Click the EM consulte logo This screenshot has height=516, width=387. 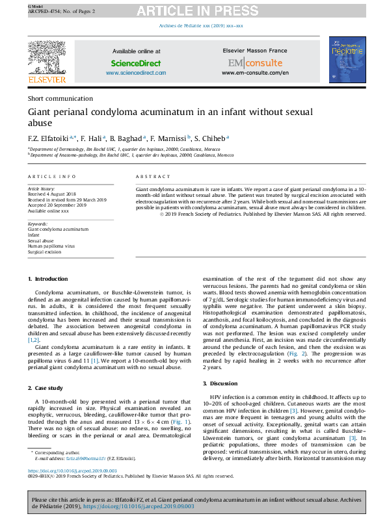[255, 63]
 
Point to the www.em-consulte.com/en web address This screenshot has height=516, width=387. [255, 73]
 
